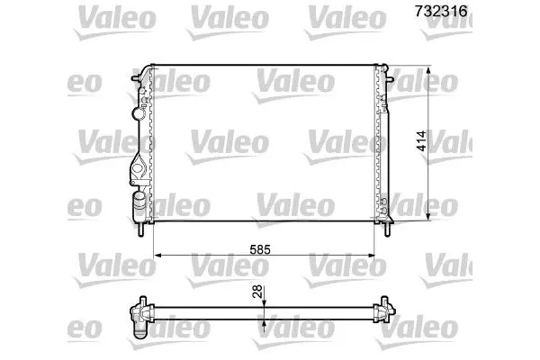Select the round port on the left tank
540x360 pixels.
pos(137,112)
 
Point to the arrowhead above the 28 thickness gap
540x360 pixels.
pos(263,303)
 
